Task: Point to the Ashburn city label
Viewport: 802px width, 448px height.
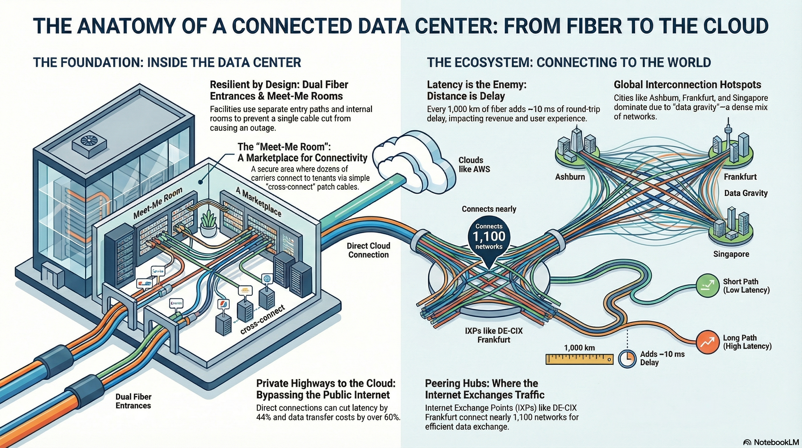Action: point(570,177)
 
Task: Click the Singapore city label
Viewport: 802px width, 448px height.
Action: point(731,254)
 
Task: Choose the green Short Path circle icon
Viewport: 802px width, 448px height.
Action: point(708,286)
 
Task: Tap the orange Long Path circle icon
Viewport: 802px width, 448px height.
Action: point(708,342)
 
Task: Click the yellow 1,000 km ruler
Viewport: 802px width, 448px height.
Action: point(579,359)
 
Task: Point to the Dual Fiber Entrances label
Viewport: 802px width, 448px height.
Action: point(133,401)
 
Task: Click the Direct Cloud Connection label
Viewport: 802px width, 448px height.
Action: point(369,250)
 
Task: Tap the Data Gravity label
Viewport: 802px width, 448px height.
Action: point(746,193)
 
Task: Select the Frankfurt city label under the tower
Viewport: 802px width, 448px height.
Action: point(740,177)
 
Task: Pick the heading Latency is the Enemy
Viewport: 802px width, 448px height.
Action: point(476,85)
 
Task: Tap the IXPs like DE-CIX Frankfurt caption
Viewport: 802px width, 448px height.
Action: point(494,335)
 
